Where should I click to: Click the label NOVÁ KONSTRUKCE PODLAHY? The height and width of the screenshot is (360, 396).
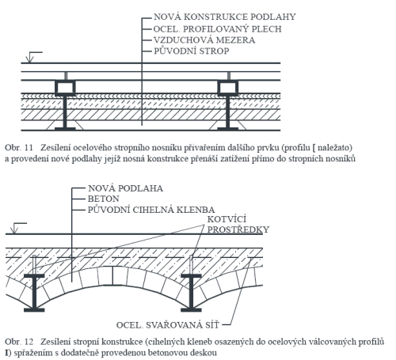click(225, 17)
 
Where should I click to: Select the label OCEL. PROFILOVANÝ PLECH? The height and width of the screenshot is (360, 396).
click(218, 28)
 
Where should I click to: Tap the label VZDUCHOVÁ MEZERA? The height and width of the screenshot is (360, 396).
click(204, 40)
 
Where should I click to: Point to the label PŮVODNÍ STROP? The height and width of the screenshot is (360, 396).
click(192, 51)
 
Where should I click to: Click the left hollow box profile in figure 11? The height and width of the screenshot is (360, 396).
click(65, 81)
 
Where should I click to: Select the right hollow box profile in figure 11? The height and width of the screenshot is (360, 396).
click(228, 81)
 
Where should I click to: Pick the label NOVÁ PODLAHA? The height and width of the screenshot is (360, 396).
click(125, 188)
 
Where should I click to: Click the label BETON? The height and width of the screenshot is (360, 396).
click(104, 199)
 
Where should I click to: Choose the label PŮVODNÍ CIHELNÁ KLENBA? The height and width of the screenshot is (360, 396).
click(151, 210)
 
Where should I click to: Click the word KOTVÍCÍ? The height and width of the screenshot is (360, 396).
click(227, 219)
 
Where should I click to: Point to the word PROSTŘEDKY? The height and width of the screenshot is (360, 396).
click(238, 229)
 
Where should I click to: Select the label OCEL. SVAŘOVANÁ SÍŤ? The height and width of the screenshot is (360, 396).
click(168, 325)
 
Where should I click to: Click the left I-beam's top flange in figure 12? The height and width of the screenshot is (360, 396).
click(34, 276)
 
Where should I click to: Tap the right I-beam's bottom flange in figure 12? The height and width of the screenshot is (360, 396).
click(191, 310)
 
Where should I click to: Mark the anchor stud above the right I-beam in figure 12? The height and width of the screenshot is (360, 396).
click(191, 265)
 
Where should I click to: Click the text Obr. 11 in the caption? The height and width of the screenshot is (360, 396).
click(19, 147)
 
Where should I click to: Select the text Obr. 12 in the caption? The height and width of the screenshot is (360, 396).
click(19, 342)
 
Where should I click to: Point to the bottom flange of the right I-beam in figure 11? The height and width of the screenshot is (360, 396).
click(228, 129)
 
